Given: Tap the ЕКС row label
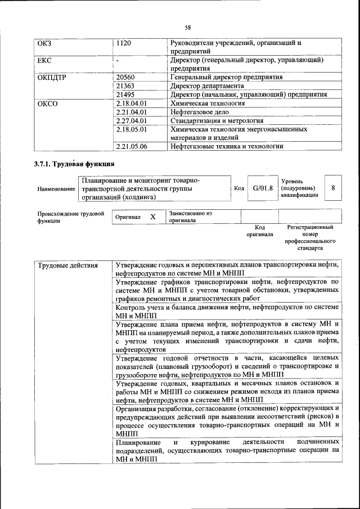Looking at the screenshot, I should (x=45, y=59).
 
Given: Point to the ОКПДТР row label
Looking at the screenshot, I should (x=52, y=76).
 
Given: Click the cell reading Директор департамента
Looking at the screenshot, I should (x=207, y=85).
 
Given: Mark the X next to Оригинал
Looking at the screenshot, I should (x=152, y=217).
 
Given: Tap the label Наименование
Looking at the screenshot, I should (x=56, y=189).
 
